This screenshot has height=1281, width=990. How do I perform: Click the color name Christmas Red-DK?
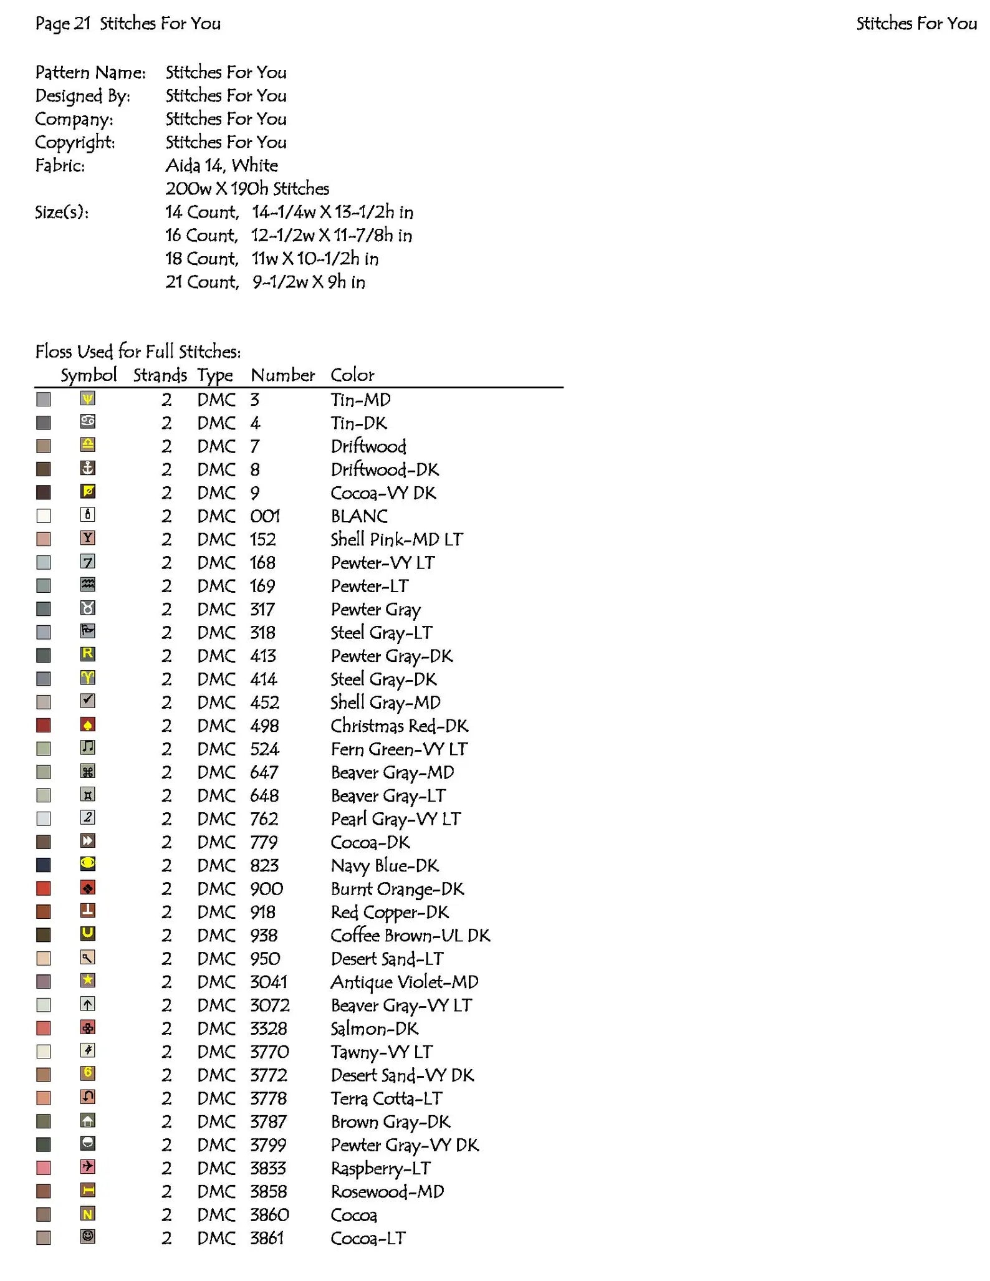coord(399,726)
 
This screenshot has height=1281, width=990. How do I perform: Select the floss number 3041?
coord(269,982)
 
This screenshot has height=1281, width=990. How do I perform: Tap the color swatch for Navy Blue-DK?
coord(44,865)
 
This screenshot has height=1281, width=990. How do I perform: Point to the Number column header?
coord(282,375)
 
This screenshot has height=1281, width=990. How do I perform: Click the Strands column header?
coord(160,375)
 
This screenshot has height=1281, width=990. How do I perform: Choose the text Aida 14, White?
coord(221,166)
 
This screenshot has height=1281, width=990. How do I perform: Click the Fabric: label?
coord(60,166)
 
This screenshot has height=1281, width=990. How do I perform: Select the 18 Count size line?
coord(271,259)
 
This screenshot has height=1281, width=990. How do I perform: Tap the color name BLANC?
coord(359,516)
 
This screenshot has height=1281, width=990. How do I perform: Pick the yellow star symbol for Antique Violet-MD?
coord(88,981)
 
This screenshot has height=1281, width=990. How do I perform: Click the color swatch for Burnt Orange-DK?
coord(44,888)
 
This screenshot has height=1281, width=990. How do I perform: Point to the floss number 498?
coord(264,726)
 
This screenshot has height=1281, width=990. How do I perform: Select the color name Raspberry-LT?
coord(380,1169)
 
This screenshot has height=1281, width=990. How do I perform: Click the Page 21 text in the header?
coord(63,24)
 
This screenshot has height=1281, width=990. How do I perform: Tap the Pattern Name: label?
coord(90,73)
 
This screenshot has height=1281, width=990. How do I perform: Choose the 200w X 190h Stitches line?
coord(247,189)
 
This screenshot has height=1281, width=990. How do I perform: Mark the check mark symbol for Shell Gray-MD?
coord(88,701)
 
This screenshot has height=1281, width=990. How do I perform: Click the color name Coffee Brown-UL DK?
coord(410,936)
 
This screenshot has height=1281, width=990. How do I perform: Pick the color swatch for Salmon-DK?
coord(44,1029)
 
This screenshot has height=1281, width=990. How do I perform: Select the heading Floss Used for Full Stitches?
coord(138,352)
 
